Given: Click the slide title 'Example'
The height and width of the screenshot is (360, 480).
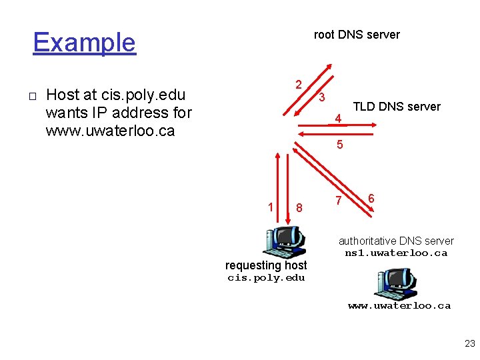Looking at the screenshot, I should pos(84,43).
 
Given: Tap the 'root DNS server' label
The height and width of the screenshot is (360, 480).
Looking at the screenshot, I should pos(357,35).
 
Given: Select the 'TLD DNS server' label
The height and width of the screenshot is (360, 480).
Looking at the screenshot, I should pos(396,107).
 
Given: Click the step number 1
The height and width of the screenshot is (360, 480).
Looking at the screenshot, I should pos(270,207).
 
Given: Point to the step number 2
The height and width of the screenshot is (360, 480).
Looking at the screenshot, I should pos(299,85).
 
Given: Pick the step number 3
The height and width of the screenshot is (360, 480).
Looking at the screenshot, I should pos(321,98).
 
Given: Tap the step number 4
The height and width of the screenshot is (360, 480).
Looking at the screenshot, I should pos(339,119).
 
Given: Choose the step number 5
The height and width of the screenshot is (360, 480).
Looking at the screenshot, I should pos(339,144).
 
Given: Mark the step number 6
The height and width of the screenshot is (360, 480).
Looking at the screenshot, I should pos(371,199).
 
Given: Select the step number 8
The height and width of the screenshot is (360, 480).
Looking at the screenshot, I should pos(299,208).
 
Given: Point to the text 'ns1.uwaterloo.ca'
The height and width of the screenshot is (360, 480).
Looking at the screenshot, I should pos(396,253).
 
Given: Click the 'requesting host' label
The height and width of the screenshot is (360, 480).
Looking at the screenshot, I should pos(266,265).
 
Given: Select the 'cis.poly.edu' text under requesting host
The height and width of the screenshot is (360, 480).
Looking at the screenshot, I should pos(266,278).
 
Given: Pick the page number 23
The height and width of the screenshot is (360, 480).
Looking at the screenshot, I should pos(469,344).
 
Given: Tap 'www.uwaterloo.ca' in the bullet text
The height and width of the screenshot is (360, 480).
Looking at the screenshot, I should pos(110,131).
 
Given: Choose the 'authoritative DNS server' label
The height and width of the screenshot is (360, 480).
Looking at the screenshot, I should pos(396,241).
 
